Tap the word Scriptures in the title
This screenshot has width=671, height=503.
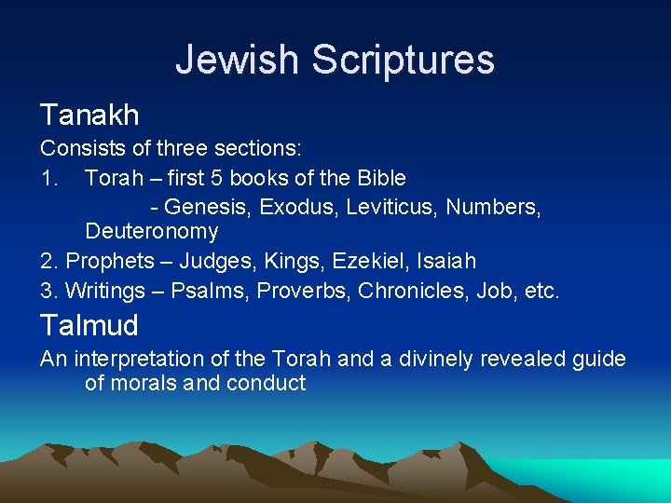tap(403, 60)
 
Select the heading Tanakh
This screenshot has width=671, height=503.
tap(89, 116)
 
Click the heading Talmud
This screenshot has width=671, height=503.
tap(89, 325)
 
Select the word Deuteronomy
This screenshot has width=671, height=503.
tap(151, 231)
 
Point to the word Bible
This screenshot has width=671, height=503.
tap(382, 177)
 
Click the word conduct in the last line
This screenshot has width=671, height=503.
tap(266, 383)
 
